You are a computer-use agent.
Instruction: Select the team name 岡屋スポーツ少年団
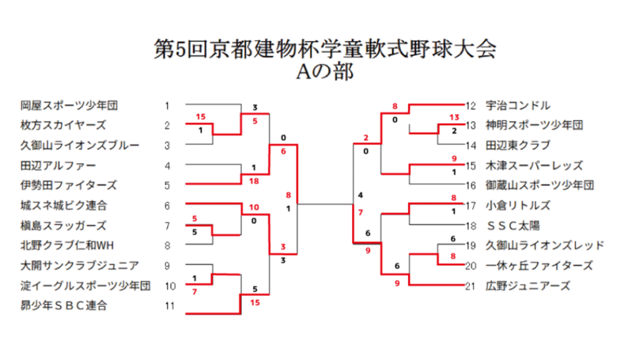tap(69, 105)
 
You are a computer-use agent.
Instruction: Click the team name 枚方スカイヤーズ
tap(63, 125)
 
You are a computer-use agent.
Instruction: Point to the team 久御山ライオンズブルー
tap(80, 146)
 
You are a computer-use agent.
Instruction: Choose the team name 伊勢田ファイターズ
tap(69, 185)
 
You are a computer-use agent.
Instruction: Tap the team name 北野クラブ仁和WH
tap(68, 245)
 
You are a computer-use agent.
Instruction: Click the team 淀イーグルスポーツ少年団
tap(85, 286)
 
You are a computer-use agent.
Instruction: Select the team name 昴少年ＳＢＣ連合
tap(64, 305)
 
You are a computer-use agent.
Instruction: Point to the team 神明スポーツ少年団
tap(534, 125)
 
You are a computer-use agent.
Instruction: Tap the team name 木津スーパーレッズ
tap(534, 165)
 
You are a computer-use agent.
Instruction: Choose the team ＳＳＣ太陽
tap(513, 225)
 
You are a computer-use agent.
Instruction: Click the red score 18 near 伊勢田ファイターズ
tap(254, 181)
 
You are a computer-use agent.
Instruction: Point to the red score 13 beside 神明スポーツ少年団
tap(453, 117)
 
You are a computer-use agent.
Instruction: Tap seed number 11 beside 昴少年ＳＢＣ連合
tap(168, 305)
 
